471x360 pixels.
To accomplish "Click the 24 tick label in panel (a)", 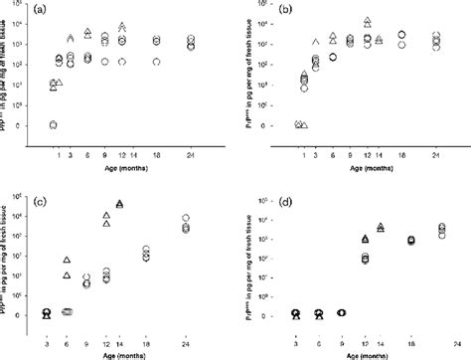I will [190, 152].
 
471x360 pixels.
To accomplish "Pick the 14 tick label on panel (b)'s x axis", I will [381, 152].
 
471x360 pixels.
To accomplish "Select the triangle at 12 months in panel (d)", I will [364, 239].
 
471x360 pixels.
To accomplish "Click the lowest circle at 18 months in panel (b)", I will [401, 45].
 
